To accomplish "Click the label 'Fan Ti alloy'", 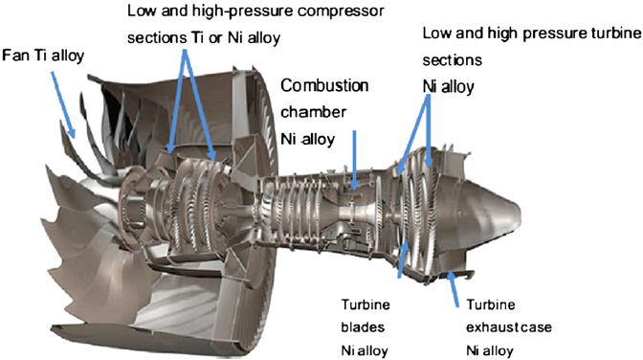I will click(x=44, y=55).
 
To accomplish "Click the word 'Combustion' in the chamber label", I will click(x=323, y=86).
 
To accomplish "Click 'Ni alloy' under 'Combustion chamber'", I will click(x=306, y=139).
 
